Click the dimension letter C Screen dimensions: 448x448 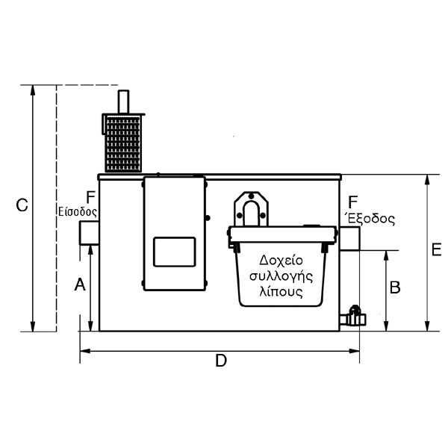[x=22, y=205]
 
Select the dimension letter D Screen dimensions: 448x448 [x=221, y=361]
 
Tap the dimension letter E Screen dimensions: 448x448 [x=436, y=249]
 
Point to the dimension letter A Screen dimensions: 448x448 [x=80, y=284]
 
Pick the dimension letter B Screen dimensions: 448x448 [x=395, y=287]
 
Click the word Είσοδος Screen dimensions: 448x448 [x=78, y=212]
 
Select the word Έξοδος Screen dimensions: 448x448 [x=371, y=219]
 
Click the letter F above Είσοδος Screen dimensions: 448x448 [x=90, y=197]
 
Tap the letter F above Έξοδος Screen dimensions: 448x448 [x=353, y=202]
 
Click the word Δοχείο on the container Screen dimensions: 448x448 [x=281, y=261]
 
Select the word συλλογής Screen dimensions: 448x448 [x=281, y=277]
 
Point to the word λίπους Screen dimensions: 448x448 [x=281, y=292]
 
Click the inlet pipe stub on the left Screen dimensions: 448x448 [x=89, y=233]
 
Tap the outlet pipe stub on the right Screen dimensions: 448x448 [x=349, y=239]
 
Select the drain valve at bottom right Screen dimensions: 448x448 [x=353, y=317]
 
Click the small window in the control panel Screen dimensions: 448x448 [x=175, y=252]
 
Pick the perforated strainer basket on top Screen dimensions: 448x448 [x=123, y=143]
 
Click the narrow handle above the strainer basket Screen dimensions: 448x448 [x=123, y=102]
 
